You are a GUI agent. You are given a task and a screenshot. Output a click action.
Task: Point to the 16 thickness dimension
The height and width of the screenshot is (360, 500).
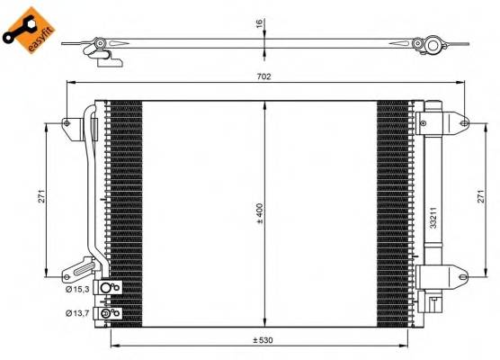tap(259, 24)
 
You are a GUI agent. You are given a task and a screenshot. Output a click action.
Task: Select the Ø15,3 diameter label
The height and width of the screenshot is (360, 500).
tap(76, 288)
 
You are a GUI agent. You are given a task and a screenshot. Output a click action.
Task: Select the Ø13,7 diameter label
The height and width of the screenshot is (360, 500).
tap(76, 313)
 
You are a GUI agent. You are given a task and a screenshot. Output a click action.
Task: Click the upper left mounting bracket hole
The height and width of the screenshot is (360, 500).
tap(68, 123)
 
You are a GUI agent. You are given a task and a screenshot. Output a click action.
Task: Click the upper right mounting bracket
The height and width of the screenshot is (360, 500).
tap(459, 123)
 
